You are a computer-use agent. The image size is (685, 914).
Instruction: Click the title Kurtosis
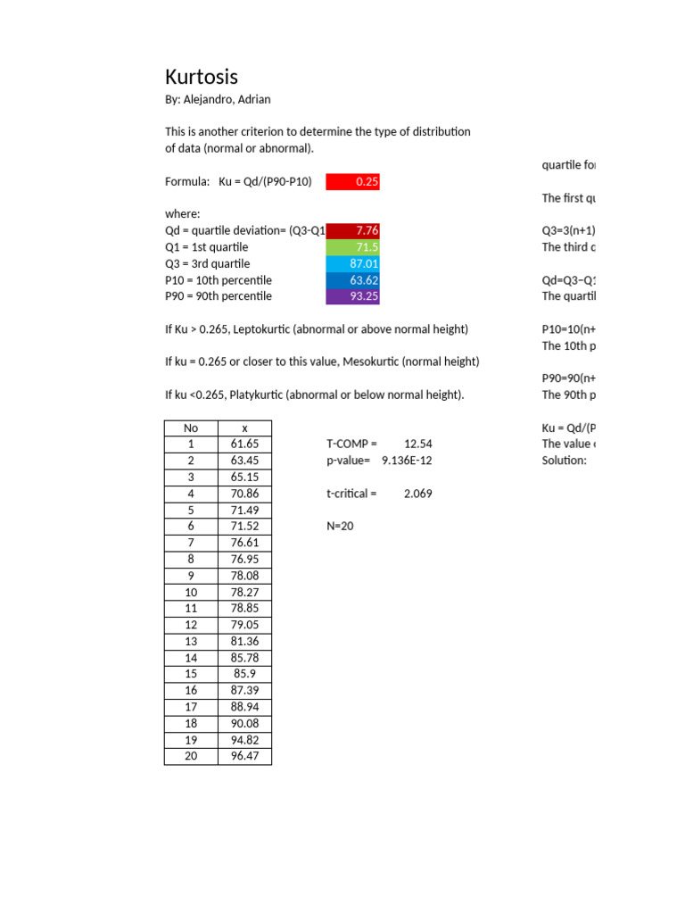pos(202,77)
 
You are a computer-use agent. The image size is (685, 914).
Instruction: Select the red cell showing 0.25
pos(353,182)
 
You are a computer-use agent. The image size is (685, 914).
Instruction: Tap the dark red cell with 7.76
pos(353,230)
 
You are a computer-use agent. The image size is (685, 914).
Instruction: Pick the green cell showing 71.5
pos(353,247)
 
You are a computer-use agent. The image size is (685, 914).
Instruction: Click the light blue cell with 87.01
pos(353,263)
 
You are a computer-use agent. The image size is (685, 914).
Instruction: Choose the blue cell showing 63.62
pos(353,279)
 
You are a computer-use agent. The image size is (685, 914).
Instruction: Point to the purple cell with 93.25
pos(353,295)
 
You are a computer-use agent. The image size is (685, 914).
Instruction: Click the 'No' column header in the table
pos(191,428)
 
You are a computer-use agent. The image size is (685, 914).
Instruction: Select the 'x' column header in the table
pos(244,428)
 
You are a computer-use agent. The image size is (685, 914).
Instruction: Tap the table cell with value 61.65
pos(244,444)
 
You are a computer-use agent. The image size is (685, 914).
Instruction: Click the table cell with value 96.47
pos(244,756)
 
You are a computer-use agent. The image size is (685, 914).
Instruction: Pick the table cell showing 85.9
pos(244,674)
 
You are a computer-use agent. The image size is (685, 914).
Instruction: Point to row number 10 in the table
pos(191,592)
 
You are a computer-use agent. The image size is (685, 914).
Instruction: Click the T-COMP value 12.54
pos(417,444)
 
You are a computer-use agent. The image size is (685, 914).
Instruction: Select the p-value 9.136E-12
pos(407,461)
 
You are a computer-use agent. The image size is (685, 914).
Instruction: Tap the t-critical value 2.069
pos(417,493)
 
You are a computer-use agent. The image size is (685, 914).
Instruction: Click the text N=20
pos(341,526)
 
